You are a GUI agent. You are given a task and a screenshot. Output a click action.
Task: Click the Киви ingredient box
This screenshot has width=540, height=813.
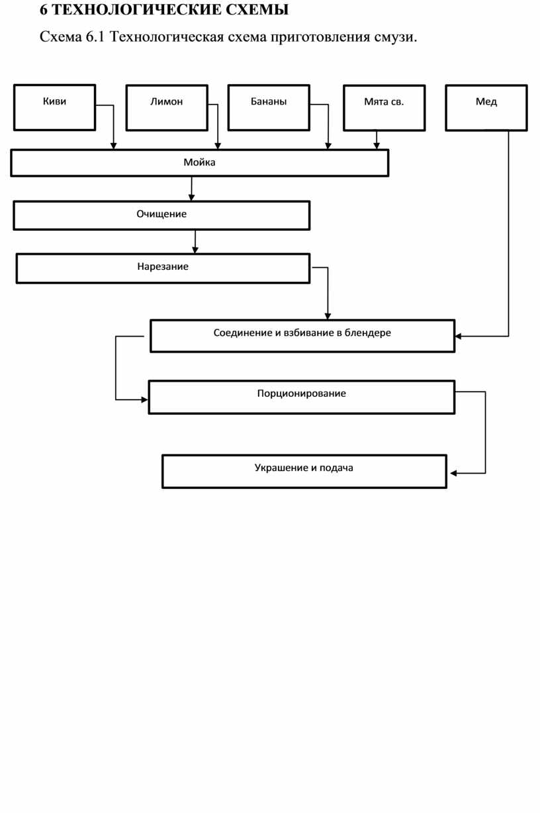click(x=54, y=107)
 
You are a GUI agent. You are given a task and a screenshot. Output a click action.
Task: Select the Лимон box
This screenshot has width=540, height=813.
click(x=167, y=108)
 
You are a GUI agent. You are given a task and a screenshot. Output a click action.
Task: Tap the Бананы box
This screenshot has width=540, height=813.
click(x=269, y=108)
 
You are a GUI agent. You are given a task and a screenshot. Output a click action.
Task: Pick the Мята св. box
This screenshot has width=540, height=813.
click(x=384, y=108)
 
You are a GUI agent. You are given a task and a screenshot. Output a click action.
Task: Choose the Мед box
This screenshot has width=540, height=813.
click(x=486, y=108)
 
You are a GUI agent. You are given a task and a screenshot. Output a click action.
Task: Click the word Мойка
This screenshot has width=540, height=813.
click(x=199, y=162)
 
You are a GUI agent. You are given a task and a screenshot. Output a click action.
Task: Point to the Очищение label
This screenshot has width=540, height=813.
click(x=161, y=214)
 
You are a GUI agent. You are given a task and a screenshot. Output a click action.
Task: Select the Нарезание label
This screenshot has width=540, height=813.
click(x=163, y=267)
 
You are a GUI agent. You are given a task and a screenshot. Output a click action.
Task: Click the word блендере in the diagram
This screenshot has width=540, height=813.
click(x=367, y=333)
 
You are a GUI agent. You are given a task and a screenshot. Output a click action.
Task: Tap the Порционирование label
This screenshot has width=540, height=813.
click(x=301, y=394)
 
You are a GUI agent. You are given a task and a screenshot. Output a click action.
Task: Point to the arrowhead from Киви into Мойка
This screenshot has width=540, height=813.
click(x=113, y=146)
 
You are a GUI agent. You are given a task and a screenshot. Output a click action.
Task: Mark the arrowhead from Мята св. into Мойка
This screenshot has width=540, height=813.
click(x=377, y=146)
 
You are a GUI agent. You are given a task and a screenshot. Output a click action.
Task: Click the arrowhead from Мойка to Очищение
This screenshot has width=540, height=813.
click(x=191, y=197)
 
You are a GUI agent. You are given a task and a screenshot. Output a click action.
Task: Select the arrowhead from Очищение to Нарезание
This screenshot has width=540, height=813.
click(x=195, y=249)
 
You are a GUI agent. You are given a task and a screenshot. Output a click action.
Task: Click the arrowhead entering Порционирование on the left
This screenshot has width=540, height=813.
click(x=144, y=400)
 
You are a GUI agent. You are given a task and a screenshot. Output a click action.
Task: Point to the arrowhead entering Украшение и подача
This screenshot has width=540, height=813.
click(x=453, y=473)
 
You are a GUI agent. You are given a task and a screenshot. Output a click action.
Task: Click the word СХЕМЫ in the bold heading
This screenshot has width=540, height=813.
click(x=257, y=10)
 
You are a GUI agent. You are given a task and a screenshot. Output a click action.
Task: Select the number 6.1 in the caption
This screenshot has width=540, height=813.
click(x=95, y=37)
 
